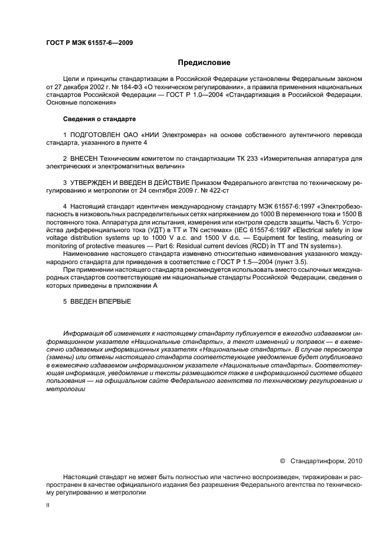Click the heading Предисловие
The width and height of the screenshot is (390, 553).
click(204, 62)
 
